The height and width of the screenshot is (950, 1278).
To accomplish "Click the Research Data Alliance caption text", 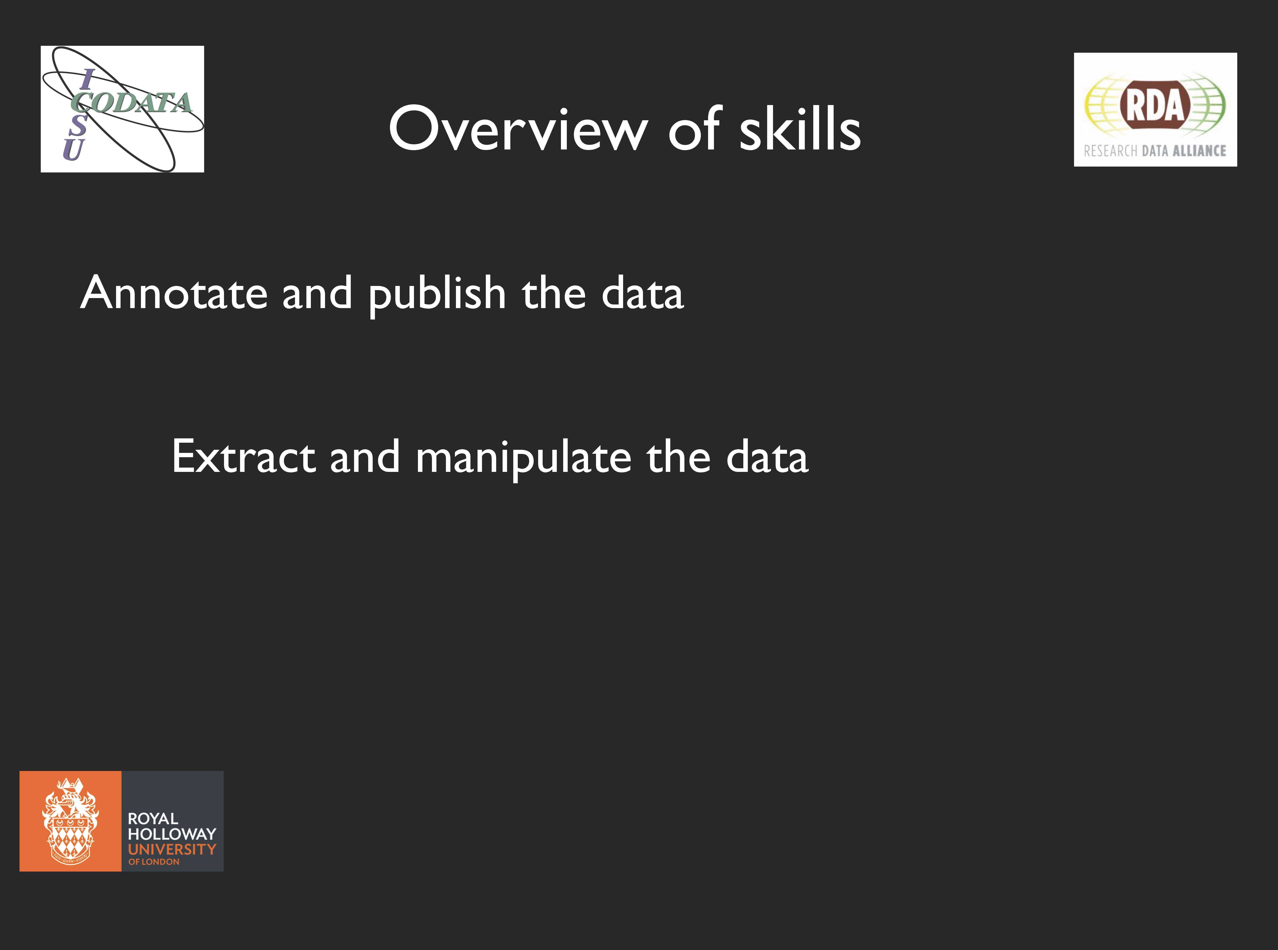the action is (x=1155, y=151).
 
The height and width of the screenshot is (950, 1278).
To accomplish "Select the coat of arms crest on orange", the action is (x=70, y=821).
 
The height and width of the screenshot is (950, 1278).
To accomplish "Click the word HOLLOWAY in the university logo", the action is (x=172, y=834).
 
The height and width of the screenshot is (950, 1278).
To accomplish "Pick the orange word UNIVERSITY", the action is (x=172, y=849).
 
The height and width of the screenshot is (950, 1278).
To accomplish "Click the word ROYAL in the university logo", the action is (x=153, y=818).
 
